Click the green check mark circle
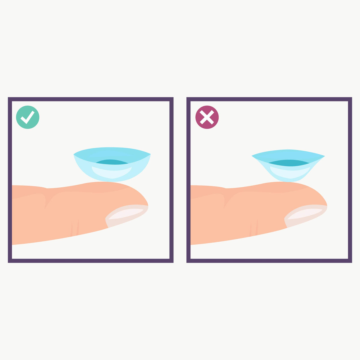click(28, 117)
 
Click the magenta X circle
click(207, 117)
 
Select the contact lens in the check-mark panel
click(112, 164)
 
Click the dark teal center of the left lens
click(112, 162)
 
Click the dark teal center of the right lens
click(289, 163)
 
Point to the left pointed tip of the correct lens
click(74, 155)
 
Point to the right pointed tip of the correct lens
click(150, 155)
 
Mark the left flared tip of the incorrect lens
click(253, 156)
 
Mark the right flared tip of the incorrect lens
click(324, 156)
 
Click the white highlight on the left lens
click(112, 172)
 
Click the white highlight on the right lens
click(289, 172)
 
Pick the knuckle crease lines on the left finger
click(75, 228)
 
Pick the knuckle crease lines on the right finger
click(254, 228)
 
